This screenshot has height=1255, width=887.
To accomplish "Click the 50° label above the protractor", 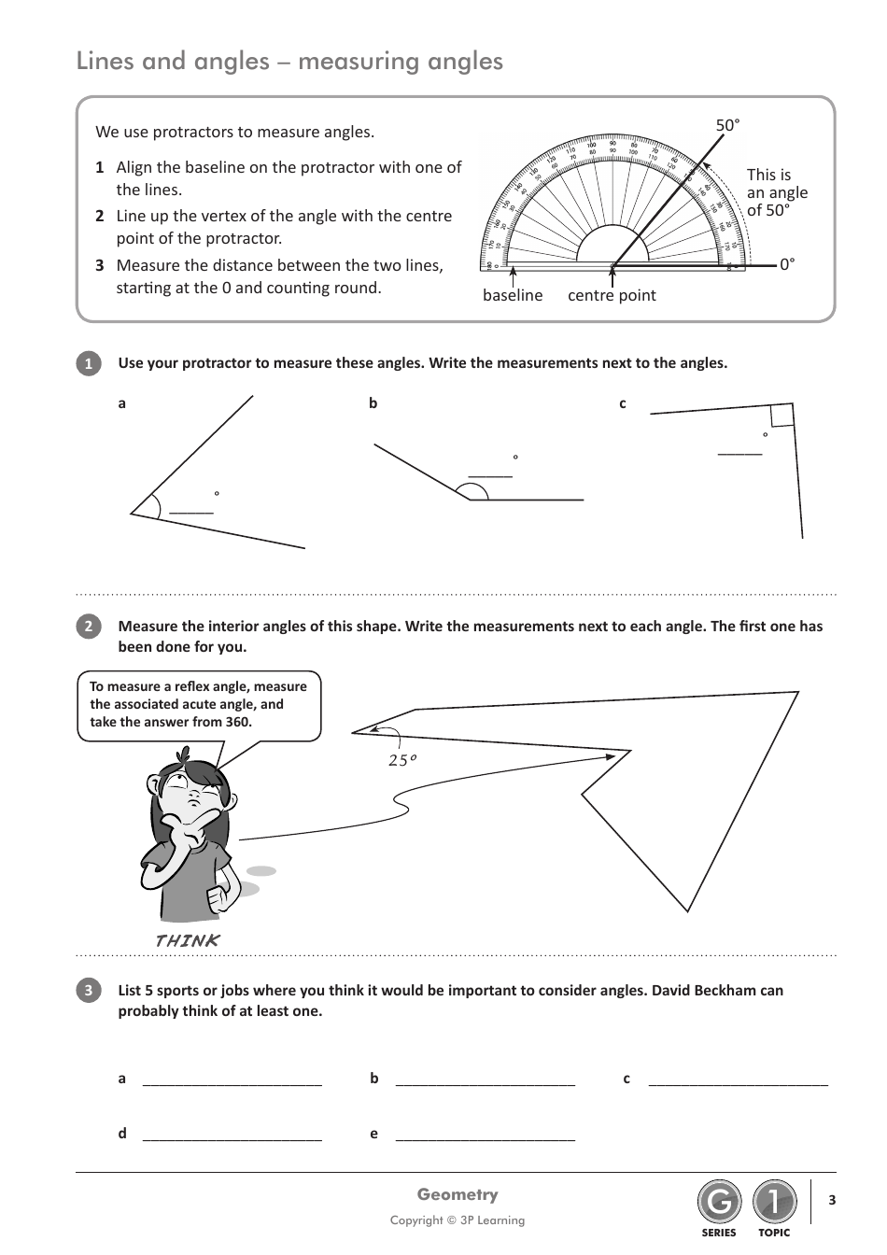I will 727,125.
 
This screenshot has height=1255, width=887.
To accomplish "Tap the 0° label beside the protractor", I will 787,264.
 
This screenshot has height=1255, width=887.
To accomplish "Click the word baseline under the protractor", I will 512,295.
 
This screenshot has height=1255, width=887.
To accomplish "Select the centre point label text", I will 612,295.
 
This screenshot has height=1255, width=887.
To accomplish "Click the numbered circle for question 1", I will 88,364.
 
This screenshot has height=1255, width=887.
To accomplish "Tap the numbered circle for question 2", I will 88,627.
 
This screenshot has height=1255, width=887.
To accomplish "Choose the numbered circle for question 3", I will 88,991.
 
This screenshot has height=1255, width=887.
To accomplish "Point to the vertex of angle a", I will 133,513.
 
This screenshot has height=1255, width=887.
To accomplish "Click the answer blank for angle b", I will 490,475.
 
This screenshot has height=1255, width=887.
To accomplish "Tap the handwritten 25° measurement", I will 401,760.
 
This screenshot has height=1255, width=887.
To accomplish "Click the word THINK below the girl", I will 187,940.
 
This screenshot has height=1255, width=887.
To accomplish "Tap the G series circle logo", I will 719,1203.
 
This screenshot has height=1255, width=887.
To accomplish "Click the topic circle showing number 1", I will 774,1203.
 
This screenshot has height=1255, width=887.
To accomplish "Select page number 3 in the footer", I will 832,1200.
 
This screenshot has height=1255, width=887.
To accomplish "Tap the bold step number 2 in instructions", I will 99,216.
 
